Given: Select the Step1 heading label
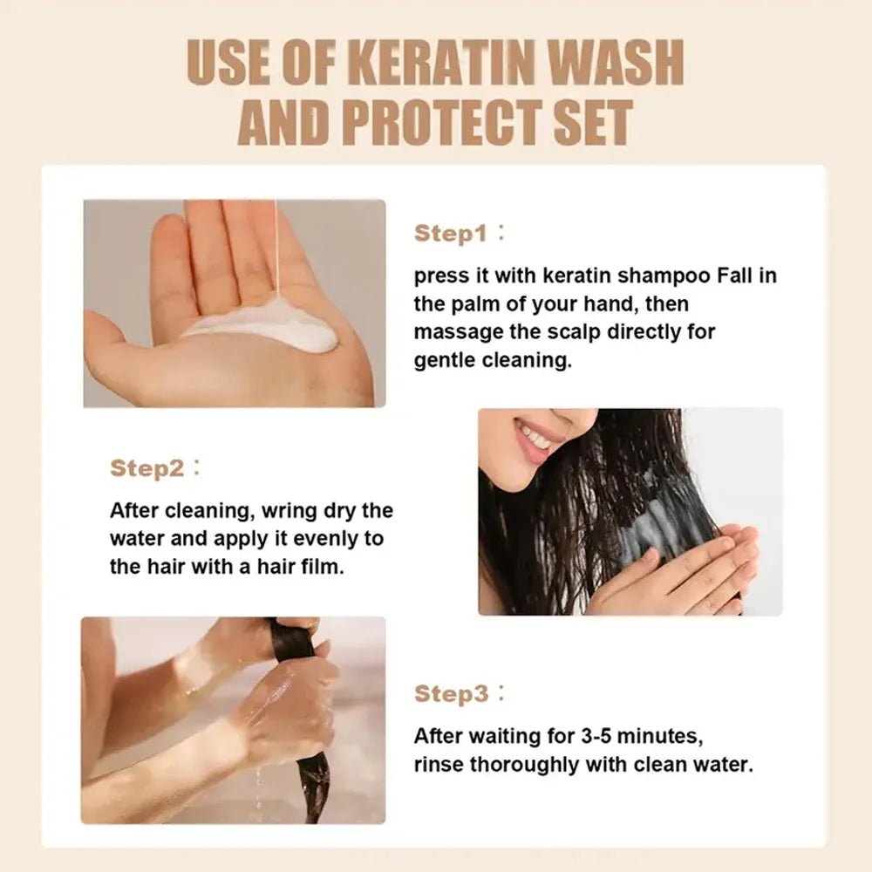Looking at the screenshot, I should tap(450, 234).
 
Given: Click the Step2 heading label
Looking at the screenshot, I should tap(146, 468).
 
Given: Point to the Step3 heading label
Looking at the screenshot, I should tap(450, 694).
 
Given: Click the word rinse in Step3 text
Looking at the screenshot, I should tap(439, 765).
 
